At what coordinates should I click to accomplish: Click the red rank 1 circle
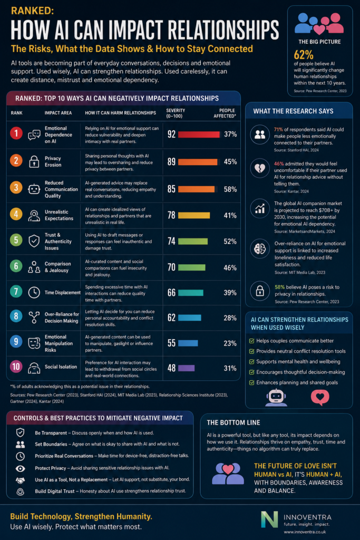(16, 133)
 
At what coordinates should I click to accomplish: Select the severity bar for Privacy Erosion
(198, 162)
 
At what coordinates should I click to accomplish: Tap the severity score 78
(171, 215)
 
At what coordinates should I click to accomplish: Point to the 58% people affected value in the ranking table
(230, 189)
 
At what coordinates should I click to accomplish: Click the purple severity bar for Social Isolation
(186, 368)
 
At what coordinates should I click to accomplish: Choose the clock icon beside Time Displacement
(34, 292)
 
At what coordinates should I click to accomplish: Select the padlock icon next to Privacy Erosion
(34, 161)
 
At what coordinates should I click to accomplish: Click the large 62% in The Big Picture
(304, 54)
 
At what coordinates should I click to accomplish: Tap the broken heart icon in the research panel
(260, 168)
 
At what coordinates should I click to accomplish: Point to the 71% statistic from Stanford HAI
(278, 130)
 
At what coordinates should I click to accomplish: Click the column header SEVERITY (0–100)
(176, 113)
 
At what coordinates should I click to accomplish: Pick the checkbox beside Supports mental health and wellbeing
(251, 362)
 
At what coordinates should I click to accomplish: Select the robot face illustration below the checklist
(276, 398)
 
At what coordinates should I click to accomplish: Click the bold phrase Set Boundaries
(51, 444)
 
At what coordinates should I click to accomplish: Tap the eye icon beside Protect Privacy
(21, 468)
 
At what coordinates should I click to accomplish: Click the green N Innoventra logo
(269, 519)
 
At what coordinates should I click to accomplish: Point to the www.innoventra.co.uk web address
(305, 532)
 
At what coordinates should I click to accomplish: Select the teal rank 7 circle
(16, 292)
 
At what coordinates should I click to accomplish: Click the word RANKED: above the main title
(32, 11)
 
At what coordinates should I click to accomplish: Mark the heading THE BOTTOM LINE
(233, 422)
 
